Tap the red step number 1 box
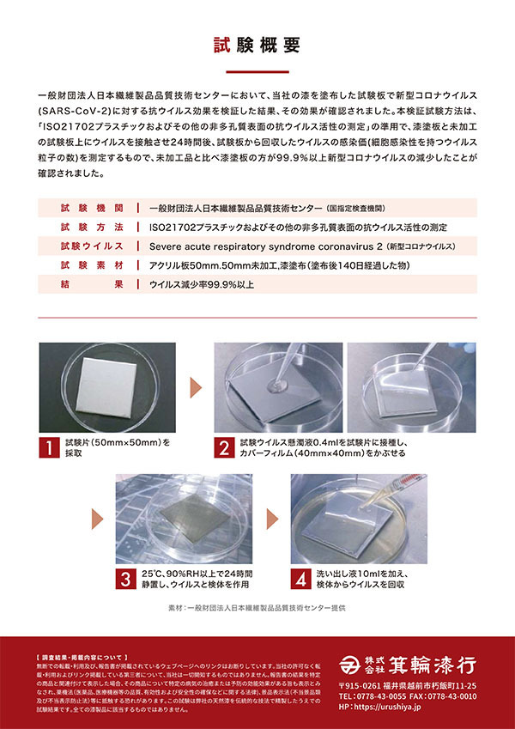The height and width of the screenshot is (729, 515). [51, 447]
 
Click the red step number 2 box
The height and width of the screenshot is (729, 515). [224, 447]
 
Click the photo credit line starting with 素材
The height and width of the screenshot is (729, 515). [257, 609]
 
